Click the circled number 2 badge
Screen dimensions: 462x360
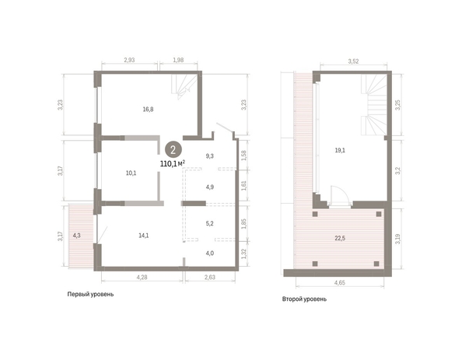click(x=173, y=150)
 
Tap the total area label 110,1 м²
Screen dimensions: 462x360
click(x=173, y=163)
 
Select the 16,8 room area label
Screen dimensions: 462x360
click(x=148, y=110)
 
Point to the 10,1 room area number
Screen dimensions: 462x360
click(x=131, y=173)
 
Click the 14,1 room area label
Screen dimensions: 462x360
click(x=143, y=236)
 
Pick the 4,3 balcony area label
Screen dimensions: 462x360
click(x=76, y=236)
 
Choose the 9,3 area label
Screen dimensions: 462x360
click(x=209, y=156)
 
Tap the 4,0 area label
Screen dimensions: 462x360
click(x=209, y=253)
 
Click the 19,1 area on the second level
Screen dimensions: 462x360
click(x=340, y=150)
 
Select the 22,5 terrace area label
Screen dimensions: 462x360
click(x=340, y=238)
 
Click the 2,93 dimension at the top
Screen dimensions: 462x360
click(x=129, y=60)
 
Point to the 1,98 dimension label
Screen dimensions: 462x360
click(x=178, y=60)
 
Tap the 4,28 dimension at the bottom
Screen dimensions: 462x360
click(x=142, y=278)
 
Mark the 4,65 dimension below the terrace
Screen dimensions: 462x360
click(x=340, y=282)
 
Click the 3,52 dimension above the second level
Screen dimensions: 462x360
click(x=353, y=61)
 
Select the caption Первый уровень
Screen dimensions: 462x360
click(x=90, y=294)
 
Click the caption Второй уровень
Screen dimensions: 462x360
click(x=304, y=299)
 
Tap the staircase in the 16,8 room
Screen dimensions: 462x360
click(x=184, y=87)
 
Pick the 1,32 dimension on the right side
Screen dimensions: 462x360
click(x=243, y=254)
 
